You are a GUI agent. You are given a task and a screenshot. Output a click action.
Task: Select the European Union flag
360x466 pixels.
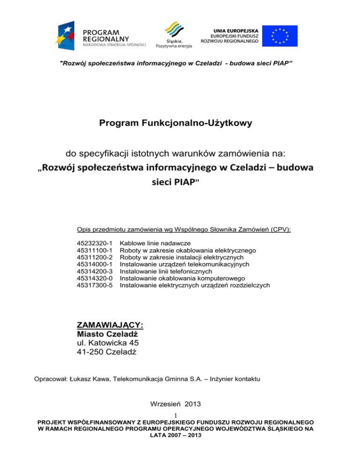click(x=279, y=36)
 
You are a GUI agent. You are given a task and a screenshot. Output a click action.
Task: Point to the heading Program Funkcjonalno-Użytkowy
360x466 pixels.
click(x=180, y=124)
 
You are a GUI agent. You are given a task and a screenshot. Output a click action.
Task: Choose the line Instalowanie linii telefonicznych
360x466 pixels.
click(x=166, y=271)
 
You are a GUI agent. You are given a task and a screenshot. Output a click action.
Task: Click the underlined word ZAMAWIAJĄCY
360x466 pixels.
click(x=109, y=325)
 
